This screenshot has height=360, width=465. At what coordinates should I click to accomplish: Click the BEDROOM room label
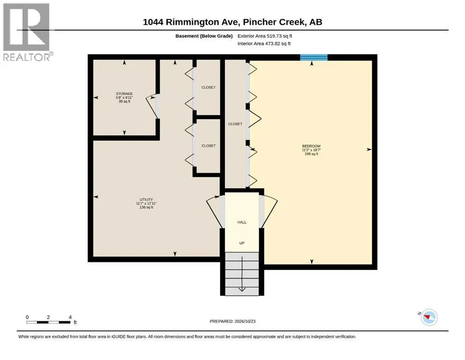click(311, 146)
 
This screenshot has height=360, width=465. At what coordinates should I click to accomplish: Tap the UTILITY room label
click(146, 199)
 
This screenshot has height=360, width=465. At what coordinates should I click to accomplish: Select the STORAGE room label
click(124, 93)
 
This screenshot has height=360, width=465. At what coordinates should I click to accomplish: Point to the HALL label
click(242, 222)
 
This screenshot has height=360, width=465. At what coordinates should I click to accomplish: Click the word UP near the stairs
click(242, 243)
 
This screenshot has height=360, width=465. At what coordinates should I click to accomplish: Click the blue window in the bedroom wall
click(314, 57)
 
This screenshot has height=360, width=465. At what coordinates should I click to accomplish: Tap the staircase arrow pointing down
click(242, 274)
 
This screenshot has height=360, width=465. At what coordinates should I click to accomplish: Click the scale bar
click(48, 322)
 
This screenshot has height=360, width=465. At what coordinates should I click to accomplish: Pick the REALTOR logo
click(28, 32)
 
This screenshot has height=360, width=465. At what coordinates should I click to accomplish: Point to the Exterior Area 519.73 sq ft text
click(265, 36)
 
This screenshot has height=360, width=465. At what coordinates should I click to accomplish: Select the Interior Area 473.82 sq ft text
click(264, 44)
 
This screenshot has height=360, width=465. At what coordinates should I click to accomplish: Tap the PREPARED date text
click(232, 321)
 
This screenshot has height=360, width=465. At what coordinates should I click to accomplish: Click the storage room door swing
click(152, 107)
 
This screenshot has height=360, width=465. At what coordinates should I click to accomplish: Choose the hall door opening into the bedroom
click(268, 211)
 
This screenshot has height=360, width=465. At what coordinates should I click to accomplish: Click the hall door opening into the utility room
click(215, 211)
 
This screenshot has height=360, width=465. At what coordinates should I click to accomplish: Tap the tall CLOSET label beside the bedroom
click(235, 124)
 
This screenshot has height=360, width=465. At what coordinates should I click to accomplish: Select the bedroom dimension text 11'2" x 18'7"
click(311, 150)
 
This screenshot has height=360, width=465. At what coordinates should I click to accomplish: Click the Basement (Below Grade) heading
click(204, 36)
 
